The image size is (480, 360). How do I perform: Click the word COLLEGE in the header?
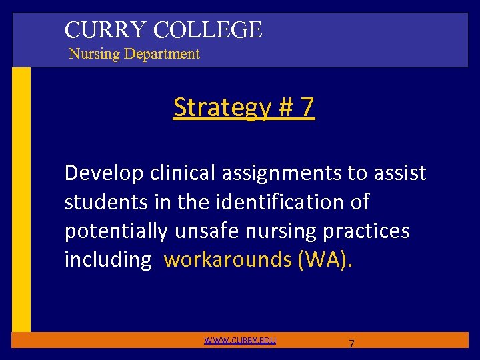207,30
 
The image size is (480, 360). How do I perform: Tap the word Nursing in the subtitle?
93,54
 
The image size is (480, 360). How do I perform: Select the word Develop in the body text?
104,174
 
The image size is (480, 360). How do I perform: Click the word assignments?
285,174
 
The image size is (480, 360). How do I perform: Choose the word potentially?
116,231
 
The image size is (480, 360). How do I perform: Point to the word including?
107,259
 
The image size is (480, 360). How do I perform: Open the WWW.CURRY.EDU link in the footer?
240,341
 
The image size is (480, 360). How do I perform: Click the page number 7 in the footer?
351,343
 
